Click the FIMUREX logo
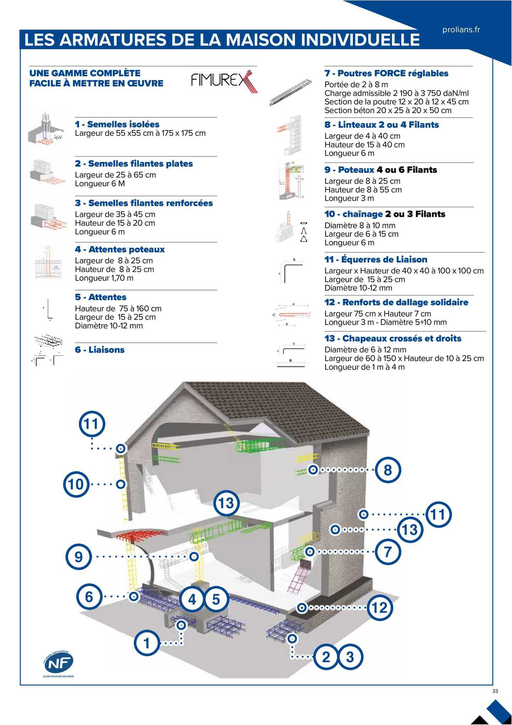[224, 81]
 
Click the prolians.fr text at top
[461, 30]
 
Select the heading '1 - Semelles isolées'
[117, 124]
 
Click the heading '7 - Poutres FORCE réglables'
[386, 74]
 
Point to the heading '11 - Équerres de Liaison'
[376, 259]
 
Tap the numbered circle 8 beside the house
[388, 470]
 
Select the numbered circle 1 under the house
[147, 643]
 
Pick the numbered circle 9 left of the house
[78, 556]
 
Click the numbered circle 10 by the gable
[76, 484]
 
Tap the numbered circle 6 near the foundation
[89, 596]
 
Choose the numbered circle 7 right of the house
[388, 552]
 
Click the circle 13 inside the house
[227, 503]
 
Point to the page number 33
[495, 691]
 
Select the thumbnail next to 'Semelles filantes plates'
[47, 172]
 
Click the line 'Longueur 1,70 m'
[104, 278]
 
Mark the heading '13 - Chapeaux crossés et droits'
[393, 338]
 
